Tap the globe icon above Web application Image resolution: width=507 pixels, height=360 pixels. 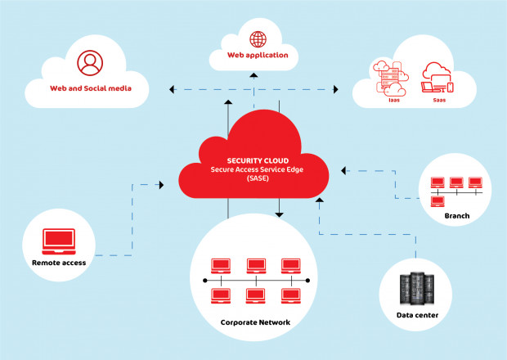258,38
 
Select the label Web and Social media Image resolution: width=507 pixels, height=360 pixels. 89,87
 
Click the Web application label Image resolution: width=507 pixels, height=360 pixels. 258,56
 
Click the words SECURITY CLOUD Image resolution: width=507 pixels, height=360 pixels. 253,161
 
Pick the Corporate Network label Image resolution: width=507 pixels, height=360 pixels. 255,322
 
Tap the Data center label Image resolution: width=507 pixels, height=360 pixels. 417,315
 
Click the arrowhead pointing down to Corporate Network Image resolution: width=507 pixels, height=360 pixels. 279,214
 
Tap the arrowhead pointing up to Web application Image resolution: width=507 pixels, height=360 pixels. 253,76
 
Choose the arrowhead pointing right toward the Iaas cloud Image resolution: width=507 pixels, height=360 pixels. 337,87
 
